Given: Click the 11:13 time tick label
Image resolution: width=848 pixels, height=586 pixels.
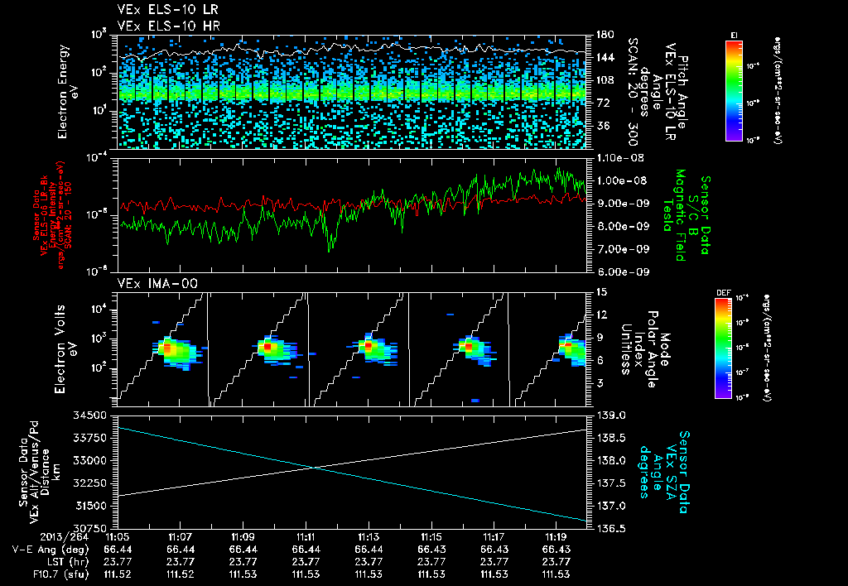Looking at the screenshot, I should pyautogui.click(x=368, y=537).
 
